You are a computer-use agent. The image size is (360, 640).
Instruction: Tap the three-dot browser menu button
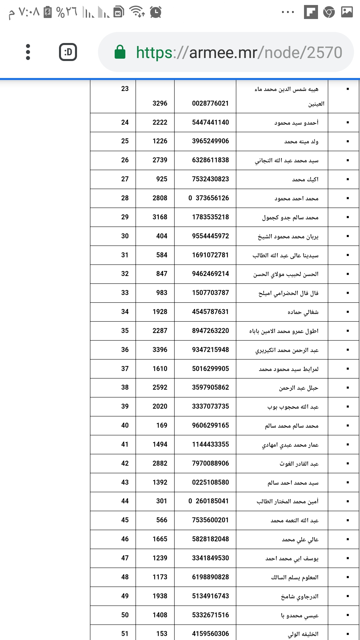coord(28,52)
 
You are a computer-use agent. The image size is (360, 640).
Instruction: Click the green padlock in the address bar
coord(120,52)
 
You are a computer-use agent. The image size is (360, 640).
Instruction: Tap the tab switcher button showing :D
coord(68,52)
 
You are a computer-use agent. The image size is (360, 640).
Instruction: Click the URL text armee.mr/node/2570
coord(239,52)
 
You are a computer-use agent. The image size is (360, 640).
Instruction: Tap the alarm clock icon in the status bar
coord(156,12)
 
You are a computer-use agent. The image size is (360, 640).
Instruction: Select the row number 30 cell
coord(125,236)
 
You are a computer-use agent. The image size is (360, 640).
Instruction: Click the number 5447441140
coord(210,122)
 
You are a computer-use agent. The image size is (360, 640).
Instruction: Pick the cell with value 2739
coord(160,160)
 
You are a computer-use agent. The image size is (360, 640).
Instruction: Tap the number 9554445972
coord(210,236)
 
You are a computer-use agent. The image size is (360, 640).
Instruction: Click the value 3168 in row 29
coord(160,217)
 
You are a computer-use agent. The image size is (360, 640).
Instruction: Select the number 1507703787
coord(210,293)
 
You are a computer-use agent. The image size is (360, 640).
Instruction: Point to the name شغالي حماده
coord(303,312)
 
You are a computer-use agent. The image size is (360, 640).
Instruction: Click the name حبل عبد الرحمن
coord(299,388)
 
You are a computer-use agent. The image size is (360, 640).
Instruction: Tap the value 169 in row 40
coord(162,425)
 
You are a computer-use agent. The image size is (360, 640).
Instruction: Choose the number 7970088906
coord(210,463)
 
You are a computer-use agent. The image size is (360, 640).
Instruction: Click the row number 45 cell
coord(125,520)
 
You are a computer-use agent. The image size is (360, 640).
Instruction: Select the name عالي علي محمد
coord(300,539)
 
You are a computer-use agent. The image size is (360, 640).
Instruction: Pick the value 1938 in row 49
coord(160,596)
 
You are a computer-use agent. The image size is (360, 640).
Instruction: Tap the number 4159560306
coord(210,634)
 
